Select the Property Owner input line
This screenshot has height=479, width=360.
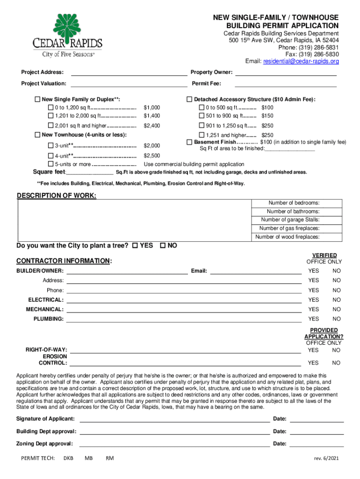click(285, 73)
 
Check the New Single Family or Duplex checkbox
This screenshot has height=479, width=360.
click(37, 99)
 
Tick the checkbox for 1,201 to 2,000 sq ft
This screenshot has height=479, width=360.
click(50, 116)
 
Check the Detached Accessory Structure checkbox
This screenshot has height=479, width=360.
click(189, 99)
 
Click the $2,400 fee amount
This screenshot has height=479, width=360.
click(152, 126)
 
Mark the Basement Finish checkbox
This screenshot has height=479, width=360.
click(189, 142)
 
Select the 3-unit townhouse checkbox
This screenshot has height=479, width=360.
click(50, 145)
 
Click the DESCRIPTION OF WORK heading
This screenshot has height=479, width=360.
click(57, 195)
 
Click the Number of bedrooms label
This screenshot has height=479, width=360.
click(294, 203)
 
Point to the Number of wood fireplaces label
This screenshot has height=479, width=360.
click(287, 237)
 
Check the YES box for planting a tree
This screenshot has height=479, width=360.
click(135, 246)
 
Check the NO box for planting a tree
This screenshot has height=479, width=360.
click(163, 246)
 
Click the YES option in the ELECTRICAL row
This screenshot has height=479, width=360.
click(313, 300)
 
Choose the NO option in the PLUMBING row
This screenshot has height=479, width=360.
click(337, 319)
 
